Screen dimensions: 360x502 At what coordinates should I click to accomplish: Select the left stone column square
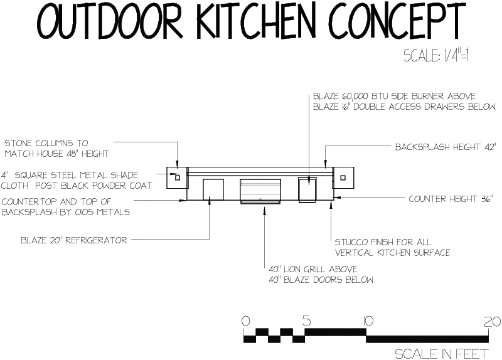[178, 177]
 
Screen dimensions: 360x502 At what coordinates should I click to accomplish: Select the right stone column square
[343, 177]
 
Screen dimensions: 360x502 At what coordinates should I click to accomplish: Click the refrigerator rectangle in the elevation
[213, 190]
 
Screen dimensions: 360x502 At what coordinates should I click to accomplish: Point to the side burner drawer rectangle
[308, 190]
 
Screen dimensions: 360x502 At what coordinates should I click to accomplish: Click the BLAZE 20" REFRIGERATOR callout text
[74, 240]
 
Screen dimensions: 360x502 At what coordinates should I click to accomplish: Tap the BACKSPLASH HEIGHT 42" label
[446, 147]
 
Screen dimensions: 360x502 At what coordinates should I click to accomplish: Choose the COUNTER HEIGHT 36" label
[451, 199]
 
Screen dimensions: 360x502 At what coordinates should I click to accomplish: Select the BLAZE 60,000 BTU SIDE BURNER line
[394, 97]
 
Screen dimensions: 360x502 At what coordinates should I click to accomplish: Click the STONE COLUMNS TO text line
[46, 143]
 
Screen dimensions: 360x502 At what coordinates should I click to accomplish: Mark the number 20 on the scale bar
[492, 321]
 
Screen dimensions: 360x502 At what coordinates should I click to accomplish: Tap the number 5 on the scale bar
[306, 321]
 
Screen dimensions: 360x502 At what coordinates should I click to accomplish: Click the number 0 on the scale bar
[245, 321]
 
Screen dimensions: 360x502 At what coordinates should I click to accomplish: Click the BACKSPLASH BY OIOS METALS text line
[65, 212]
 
